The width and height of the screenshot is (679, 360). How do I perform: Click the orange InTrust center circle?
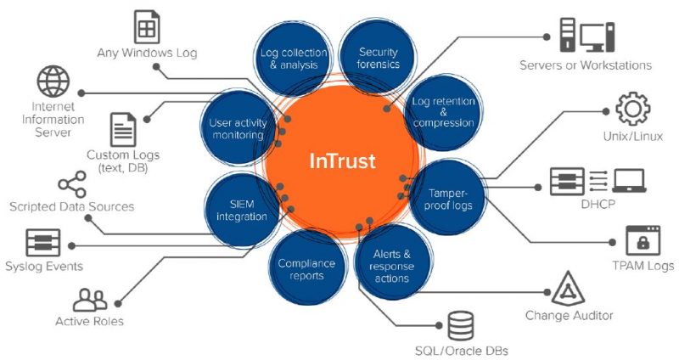pyautogui.click(x=342, y=161)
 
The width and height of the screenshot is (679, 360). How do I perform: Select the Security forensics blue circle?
pyautogui.click(x=377, y=59)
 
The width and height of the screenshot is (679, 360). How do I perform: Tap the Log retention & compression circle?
pyautogui.click(x=442, y=111)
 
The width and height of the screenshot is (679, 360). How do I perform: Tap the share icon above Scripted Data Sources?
pyautogui.click(x=71, y=184)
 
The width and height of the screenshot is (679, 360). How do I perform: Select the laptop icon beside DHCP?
pyautogui.click(x=628, y=180)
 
